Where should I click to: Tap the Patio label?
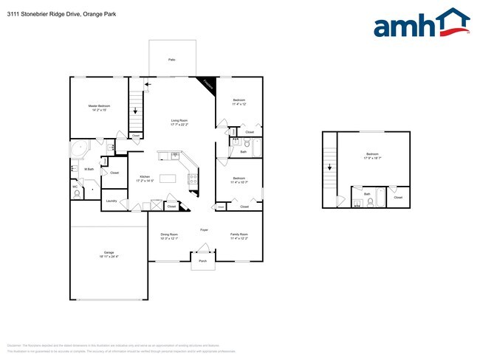click(172, 59)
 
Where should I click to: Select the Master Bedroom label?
click(99, 108)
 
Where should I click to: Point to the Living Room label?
click(179, 122)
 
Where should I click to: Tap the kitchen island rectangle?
click(169, 178)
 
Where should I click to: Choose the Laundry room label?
click(112, 201)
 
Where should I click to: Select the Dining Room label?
click(169, 237)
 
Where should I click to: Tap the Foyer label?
click(204, 229)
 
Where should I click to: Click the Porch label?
click(202, 259)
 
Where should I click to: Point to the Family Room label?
click(239, 237)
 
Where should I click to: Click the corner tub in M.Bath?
click(79, 149)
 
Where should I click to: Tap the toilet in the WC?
click(77, 194)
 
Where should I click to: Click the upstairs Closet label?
click(398, 198)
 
